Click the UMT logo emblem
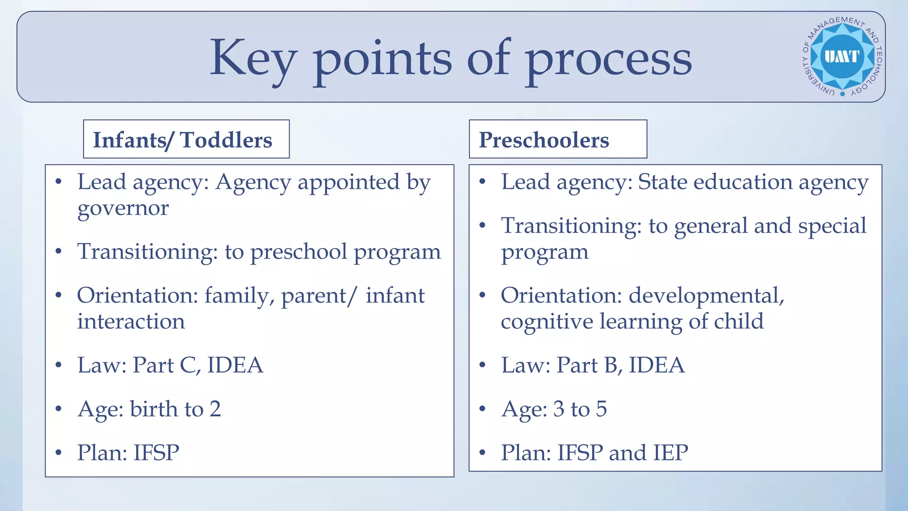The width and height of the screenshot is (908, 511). pyautogui.click(x=842, y=57)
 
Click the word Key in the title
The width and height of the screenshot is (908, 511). pyautogui.click(x=253, y=59)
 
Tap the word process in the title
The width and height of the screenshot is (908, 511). pyautogui.click(x=608, y=59)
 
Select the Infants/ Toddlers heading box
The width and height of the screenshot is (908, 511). pyautogui.click(x=186, y=139)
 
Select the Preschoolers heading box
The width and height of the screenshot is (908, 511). pyautogui.click(x=558, y=139)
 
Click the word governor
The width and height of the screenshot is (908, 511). pyautogui.click(x=123, y=208)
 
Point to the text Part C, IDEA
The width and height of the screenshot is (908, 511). pyautogui.click(x=198, y=366)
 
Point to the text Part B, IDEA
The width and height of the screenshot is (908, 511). pyautogui.click(x=620, y=366)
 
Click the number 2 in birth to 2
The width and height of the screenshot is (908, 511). pyautogui.click(x=215, y=409)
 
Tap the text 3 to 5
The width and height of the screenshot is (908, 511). pyautogui.click(x=580, y=409)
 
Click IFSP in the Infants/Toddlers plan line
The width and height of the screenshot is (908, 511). pyautogui.click(x=157, y=453)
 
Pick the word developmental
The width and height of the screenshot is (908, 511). pyautogui.click(x=706, y=296)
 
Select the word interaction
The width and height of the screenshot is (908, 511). pyautogui.click(x=131, y=322)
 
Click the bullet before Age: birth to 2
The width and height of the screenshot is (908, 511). pyautogui.click(x=59, y=409)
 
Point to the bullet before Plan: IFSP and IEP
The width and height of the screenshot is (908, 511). pyautogui.click(x=482, y=453)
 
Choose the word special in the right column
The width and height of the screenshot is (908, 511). pyautogui.click(x=832, y=226)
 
